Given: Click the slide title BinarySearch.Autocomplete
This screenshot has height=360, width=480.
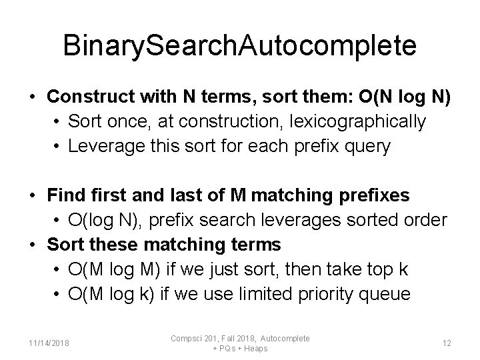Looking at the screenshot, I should [240, 46].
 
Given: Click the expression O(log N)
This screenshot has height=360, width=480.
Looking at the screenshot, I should [109, 220].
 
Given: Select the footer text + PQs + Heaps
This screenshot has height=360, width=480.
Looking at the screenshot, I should [240, 349].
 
